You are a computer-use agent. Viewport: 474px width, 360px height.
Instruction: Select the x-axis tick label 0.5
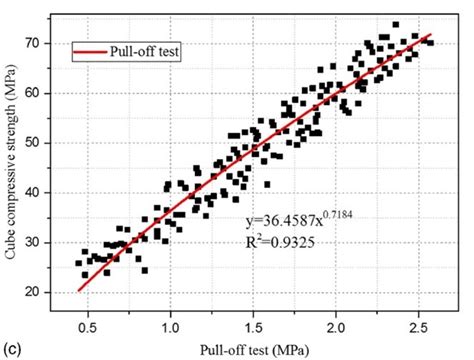pyautogui.click(x=88, y=325)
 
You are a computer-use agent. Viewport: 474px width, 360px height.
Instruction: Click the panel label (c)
pyautogui.click(x=11, y=348)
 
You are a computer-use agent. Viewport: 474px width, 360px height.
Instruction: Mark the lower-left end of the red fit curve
pyautogui.click(x=79, y=291)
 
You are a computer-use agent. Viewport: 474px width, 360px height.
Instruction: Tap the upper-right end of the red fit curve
pyautogui.click(x=431, y=34)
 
